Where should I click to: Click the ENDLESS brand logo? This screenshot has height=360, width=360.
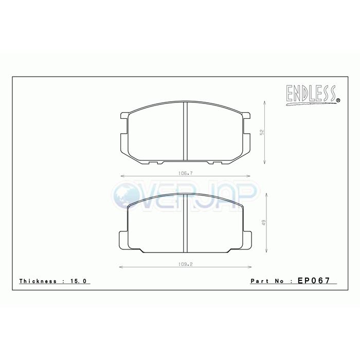[x=310, y=94]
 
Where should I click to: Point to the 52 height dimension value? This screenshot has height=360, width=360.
[x=262, y=132]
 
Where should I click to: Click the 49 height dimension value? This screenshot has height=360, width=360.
[x=262, y=223]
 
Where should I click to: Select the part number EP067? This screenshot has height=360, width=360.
[x=313, y=281]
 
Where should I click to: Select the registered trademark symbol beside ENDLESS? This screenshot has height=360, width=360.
[x=338, y=100]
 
